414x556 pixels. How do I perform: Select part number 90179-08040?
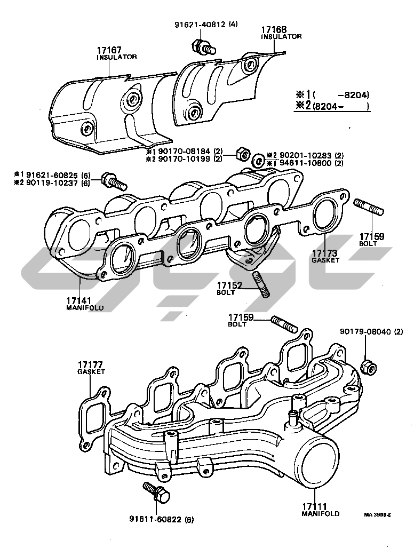365,331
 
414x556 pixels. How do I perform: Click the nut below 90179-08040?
368,367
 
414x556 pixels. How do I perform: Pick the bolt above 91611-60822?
155,491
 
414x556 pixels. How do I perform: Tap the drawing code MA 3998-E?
378,514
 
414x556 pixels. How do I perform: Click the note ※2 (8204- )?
332,106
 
